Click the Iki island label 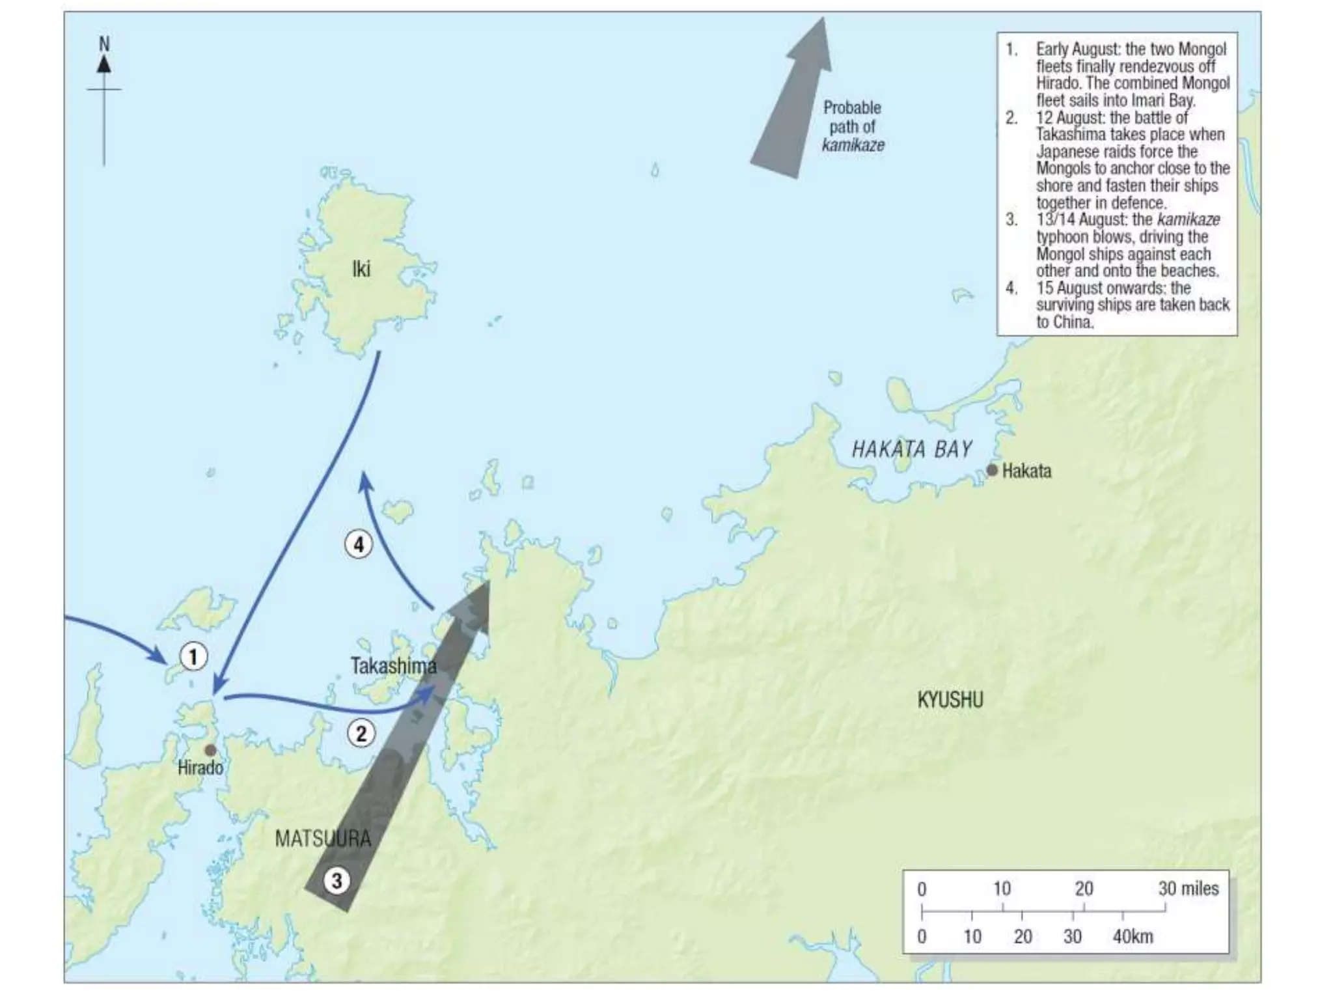coord(361,269)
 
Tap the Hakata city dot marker coord(992,470)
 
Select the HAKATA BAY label coord(911,449)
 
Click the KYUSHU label coord(950,701)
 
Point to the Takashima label coord(393,665)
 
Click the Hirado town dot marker coord(210,750)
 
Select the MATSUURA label coord(323,839)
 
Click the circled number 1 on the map coord(193,656)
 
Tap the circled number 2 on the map coord(361,734)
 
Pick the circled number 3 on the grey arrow coord(337,882)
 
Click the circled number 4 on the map coord(359,544)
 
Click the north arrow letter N coord(104,44)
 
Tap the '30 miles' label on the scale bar coord(1188,889)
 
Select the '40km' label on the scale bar coord(1133,937)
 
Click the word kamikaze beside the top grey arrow coord(853,145)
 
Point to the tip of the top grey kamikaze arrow coord(824,20)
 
